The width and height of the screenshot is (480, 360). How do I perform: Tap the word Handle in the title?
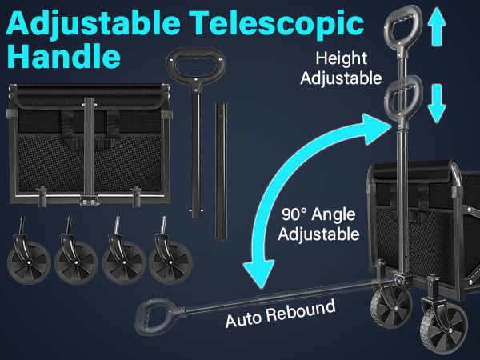point(64,56)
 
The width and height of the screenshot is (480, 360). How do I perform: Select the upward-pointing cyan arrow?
point(437,27)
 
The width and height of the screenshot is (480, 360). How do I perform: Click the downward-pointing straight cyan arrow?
point(437,103)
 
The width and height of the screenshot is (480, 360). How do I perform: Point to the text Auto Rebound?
point(281,314)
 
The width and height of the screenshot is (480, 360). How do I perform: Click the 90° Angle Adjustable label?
point(318,224)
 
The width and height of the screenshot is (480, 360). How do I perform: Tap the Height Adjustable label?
point(341,68)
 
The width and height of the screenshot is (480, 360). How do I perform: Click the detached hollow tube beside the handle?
point(221,171)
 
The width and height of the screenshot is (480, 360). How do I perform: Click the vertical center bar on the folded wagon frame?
point(89,147)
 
